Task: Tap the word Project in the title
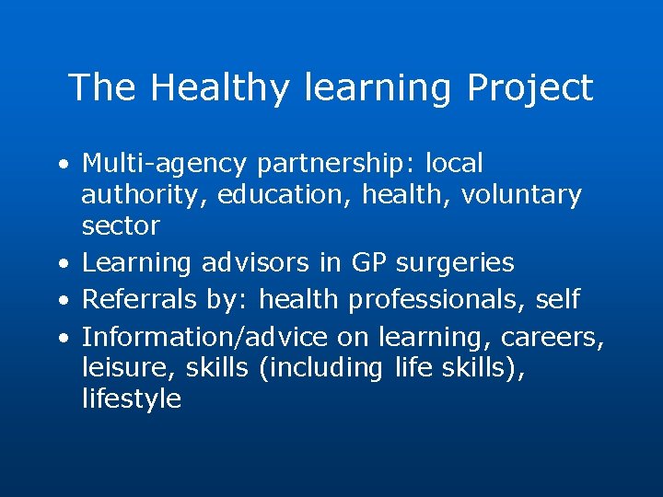(x=529, y=88)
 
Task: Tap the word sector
(x=121, y=225)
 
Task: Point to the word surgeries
(x=456, y=263)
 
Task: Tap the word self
(x=558, y=299)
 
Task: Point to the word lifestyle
(x=132, y=399)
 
